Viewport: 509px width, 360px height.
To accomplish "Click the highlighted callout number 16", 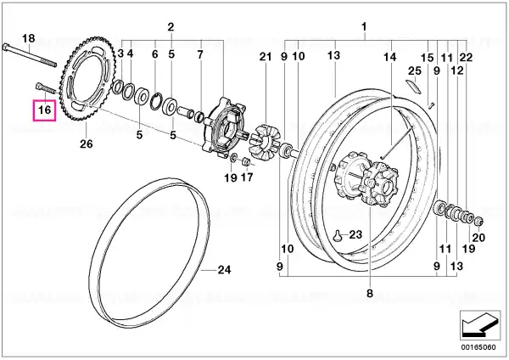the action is click(x=44, y=110).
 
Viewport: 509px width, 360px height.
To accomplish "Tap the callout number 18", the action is click(x=28, y=38).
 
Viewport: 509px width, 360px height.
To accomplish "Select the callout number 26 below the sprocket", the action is click(x=87, y=143).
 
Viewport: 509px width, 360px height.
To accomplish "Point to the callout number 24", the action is click(x=224, y=270).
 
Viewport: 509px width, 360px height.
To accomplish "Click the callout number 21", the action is click(x=266, y=57).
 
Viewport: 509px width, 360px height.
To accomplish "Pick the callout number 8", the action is click(x=370, y=294).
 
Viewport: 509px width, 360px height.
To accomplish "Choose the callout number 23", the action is click(x=355, y=234).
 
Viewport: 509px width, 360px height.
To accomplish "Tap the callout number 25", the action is click(x=415, y=70).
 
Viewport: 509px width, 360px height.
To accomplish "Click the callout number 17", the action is click(x=247, y=177).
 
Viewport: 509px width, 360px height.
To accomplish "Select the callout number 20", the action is click(x=478, y=238).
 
